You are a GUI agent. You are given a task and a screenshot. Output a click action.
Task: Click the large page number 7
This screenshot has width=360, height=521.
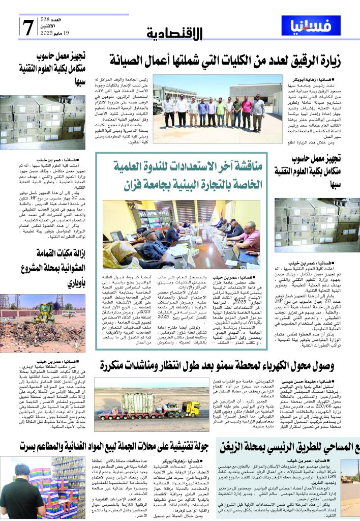tap(27, 26)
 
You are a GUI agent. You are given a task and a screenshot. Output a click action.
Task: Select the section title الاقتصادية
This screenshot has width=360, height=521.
tap(174, 34)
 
